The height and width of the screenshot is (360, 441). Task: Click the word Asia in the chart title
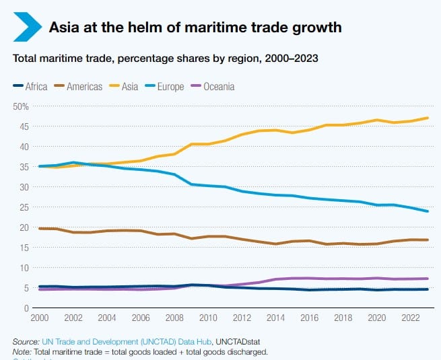pyautogui.click(x=65, y=28)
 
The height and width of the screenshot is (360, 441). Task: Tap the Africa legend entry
pyautogui.click(x=30, y=86)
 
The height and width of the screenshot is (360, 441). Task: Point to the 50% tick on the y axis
pyautogui.click(x=21, y=106)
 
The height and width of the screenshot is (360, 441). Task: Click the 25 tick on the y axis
pyautogui.click(x=24, y=207)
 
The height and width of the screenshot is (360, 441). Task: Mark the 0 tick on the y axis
pyautogui.click(x=26, y=308)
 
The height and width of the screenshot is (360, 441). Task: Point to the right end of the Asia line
pyautogui.click(x=428, y=118)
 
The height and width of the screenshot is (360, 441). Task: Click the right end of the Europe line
pyautogui.click(x=428, y=211)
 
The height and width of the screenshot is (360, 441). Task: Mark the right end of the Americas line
pyautogui.click(x=428, y=240)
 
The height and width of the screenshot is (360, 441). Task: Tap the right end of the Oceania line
pyautogui.click(x=428, y=279)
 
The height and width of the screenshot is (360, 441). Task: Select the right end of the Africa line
pyautogui.click(x=428, y=289)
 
